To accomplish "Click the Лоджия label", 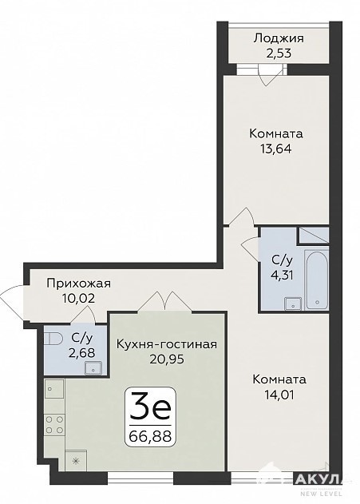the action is point(279,39).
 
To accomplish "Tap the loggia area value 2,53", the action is point(279,53).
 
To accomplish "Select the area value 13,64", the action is point(276,149).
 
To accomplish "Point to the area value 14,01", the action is point(279,395).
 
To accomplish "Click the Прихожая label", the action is point(79,284).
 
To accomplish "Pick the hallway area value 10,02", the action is point(79,299).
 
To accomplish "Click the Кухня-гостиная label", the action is point(167,344).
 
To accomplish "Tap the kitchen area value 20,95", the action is point(167,359).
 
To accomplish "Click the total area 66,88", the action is point(150,436).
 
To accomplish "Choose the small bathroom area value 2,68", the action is point(82,352).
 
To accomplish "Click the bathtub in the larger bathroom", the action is point(317,280).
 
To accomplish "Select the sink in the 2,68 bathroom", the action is point(93,367).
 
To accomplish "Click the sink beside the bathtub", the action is point(293,304).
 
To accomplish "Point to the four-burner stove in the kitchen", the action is point(54,424).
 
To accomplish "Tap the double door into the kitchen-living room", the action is point(164,301).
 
